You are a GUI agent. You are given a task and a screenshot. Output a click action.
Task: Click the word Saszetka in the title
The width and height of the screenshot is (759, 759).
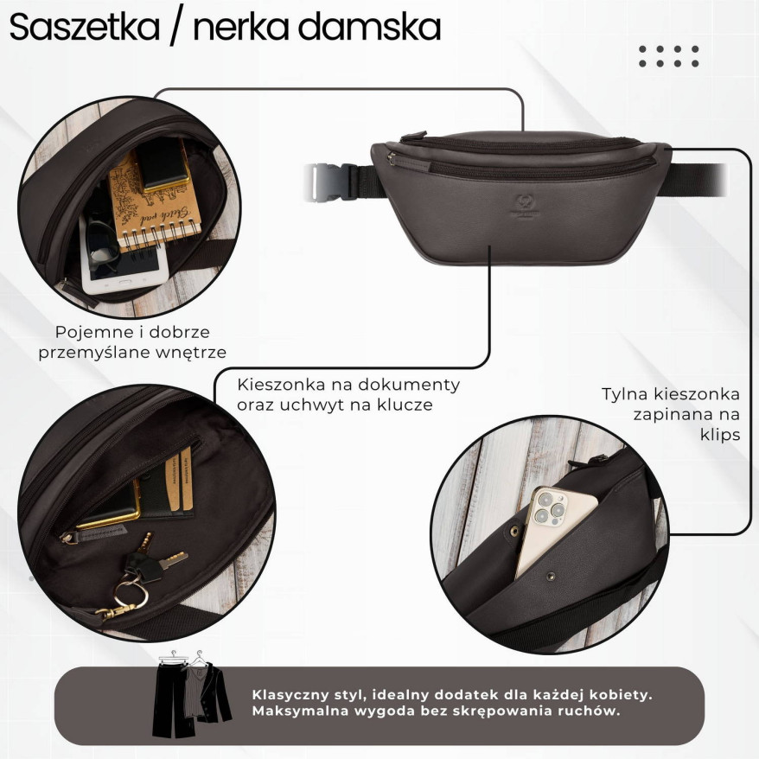(84, 28)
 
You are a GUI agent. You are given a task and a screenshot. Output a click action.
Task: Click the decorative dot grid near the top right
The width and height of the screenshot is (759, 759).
(668, 56)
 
